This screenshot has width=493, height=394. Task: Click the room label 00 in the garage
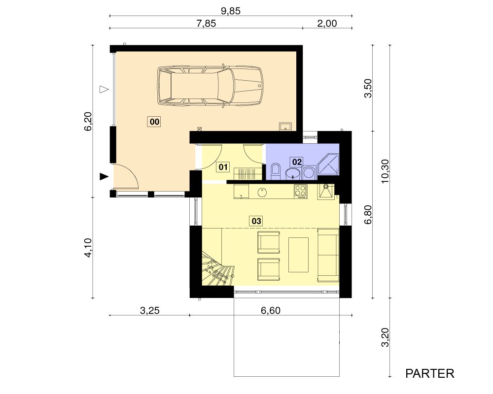[154, 122]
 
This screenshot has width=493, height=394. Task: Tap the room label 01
[223, 167]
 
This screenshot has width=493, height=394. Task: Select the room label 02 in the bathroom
[297, 162]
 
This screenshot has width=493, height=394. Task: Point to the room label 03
[256, 221]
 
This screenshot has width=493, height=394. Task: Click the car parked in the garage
[210, 86]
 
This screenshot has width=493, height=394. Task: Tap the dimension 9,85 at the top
[230, 11]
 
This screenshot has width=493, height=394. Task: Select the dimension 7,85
[206, 24]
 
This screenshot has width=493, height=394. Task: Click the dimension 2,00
[327, 24]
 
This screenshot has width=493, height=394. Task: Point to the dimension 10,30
[385, 171]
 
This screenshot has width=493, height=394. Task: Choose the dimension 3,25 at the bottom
[150, 310]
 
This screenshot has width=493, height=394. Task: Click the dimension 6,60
[270, 310]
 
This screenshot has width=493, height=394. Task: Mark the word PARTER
[429, 374]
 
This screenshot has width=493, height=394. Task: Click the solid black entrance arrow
[104, 177]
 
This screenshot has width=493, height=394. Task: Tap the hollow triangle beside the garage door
[104, 89]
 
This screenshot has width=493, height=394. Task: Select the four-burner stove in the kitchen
[300, 191]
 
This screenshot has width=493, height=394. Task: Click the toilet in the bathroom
[276, 171]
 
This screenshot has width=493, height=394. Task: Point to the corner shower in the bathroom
[329, 164]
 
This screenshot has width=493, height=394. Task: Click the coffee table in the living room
[298, 255]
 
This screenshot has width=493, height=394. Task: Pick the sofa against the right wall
[328, 255]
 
